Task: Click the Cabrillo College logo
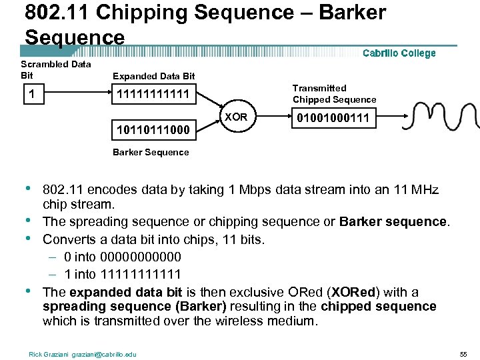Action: pyautogui.click(x=399, y=53)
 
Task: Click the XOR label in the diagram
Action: pyautogui.click(x=236, y=117)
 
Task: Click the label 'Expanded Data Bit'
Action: pyautogui.click(x=153, y=77)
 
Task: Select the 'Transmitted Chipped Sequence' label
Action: pyautogui.click(x=334, y=94)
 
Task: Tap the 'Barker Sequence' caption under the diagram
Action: pyautogui.click(x=151, y=152)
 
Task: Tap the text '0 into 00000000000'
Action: pyautogui.click(x=123, y=257)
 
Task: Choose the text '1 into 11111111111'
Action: pyautogui.click(x=123, y=274)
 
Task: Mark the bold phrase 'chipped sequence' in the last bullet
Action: pyautogui.click(x=378, y=307)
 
